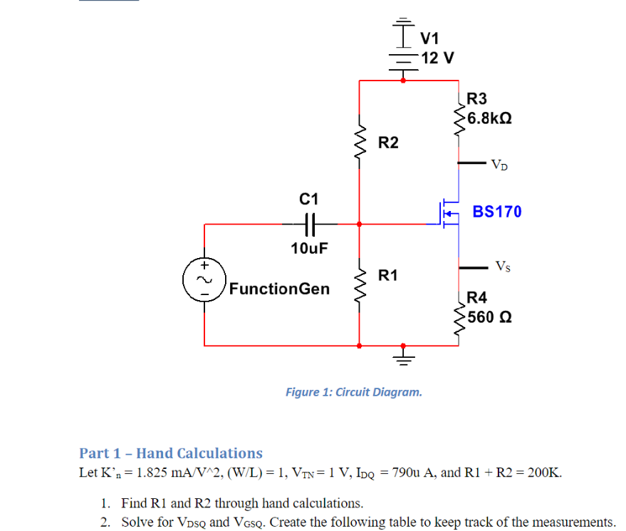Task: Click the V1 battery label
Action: tap(429, 38)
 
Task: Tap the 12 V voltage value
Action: tap(437, 58)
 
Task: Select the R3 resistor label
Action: tap(476, 98)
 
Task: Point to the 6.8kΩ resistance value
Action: tap(489, 118)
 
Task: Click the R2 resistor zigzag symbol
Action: tap(360, 142)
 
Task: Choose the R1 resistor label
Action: tap(388, 275)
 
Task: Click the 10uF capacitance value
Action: tap(309, 248)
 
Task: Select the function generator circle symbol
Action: tap(204, 279)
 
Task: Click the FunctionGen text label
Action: tap(279, 289)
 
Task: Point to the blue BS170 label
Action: tap(497, 212)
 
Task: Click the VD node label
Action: tap(499, 165)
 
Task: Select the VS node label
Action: tap(503, 266)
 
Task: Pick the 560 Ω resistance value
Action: tap(489, 317)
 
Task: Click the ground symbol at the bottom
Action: tap(403, 358)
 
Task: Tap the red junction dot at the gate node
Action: tap(360, 224)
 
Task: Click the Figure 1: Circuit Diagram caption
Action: tap(354, 392)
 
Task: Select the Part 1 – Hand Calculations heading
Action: tap(171, 453)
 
